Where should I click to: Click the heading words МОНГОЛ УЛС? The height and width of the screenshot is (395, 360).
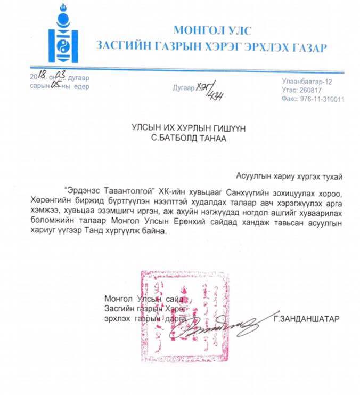[212, 30]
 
